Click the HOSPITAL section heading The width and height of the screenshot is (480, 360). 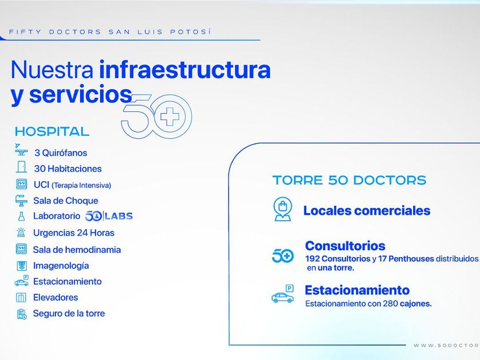point(52,131)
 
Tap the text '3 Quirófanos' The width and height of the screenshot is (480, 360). point(61,153)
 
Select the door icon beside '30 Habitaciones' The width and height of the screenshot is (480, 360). point(21,167)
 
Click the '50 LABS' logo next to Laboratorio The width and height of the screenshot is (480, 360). point(109,216)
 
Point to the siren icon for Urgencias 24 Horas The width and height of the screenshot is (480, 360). point(21,233)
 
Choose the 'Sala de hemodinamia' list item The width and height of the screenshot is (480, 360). point(77,250)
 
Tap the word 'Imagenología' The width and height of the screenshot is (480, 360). point(61,266)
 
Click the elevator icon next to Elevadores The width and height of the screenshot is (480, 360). point(21,297)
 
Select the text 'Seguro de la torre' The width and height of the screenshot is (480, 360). point(69,313)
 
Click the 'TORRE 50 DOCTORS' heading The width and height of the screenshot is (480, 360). point(349,180)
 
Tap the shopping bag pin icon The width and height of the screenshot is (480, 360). point(283,209)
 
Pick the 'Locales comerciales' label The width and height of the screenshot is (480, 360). point(367,211)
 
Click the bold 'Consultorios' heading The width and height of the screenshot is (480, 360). point(345,246)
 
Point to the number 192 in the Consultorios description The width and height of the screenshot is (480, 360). point(312,259)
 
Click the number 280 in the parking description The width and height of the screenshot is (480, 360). point(390,303)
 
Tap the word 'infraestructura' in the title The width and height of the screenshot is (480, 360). point(185,70)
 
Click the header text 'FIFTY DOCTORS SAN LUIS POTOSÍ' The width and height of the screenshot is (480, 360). point(110,32)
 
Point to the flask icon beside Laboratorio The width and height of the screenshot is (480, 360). point(21,216)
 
